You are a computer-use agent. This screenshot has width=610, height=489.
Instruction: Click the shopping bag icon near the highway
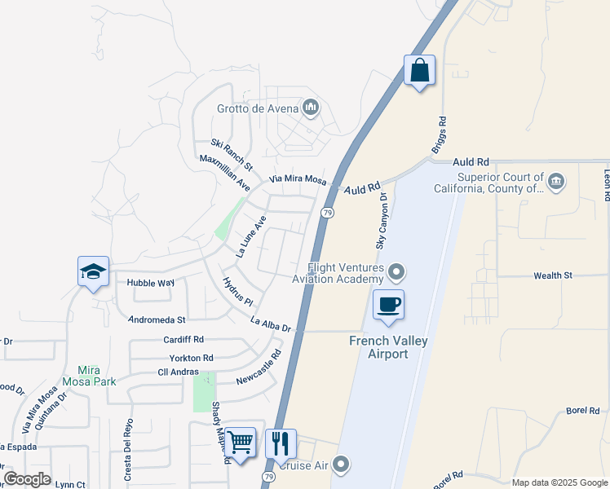[x=419, y=71]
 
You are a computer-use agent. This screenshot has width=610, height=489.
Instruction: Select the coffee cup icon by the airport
[x=388, y=306]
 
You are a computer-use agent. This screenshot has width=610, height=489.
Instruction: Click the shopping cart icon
[x=240, y=443]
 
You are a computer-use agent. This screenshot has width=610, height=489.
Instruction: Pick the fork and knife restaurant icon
[x=281, y=444]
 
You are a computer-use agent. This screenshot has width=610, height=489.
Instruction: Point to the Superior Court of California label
[x=500, y=183]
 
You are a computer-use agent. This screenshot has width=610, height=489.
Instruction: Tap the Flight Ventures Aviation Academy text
[x=345, y=273]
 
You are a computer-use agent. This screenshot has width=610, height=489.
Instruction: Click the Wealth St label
[x=552, y=276]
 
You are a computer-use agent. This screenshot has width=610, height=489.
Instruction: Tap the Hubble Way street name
[x=151, y=283]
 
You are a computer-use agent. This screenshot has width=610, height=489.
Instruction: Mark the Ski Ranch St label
[x=232, y=149]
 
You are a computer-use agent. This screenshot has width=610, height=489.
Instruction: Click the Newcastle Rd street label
[x=259, y=368]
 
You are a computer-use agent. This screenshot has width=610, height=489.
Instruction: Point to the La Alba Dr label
[x=271, y=324]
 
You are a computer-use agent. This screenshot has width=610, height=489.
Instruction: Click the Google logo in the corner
[x=27, y=479]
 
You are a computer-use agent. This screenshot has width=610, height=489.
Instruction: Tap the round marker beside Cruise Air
[x=342, y=465]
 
